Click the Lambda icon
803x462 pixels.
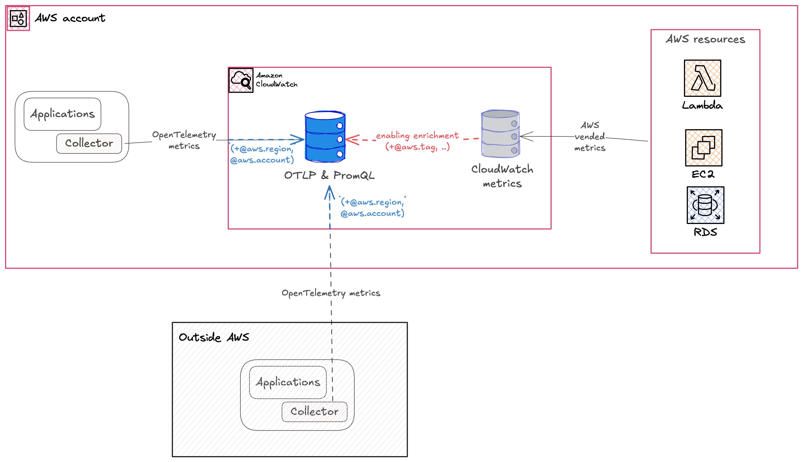702,78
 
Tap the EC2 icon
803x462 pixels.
703,148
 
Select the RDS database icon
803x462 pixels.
705,205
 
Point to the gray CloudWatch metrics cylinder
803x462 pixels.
500,134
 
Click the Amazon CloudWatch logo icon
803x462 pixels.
241,80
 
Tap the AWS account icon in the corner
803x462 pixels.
18,19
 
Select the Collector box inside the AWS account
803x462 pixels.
89,143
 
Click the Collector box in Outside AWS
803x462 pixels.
314,411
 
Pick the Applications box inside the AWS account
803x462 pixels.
63,114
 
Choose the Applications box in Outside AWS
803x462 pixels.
288,382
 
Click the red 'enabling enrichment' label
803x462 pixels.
417,136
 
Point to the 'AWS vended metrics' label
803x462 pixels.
589,136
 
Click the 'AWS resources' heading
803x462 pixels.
705,39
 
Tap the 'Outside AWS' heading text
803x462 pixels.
214,337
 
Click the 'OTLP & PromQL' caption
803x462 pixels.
329,175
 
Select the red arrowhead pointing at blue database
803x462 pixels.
352,139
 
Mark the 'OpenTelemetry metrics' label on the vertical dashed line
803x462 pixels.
331,293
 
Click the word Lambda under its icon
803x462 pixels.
702,105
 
